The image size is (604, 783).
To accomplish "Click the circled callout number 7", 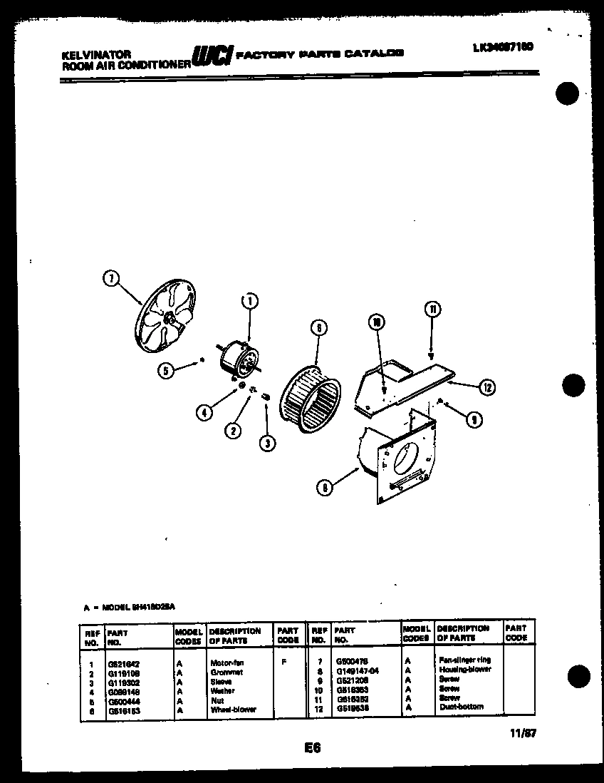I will [110, 280].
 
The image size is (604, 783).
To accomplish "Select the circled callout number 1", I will [249, 301].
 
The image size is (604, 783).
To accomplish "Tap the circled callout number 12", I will [486, 388].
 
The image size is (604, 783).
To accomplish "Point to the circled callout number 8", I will [325, 488].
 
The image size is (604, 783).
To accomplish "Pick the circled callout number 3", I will [267, 443].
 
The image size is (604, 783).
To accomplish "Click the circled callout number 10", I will [377, 322].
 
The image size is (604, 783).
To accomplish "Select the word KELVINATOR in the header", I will [86, 53].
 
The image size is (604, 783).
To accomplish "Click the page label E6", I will [312, 747].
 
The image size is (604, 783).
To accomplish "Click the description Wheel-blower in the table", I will [233, 710].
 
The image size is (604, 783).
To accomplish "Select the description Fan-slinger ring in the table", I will [464, 660].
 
